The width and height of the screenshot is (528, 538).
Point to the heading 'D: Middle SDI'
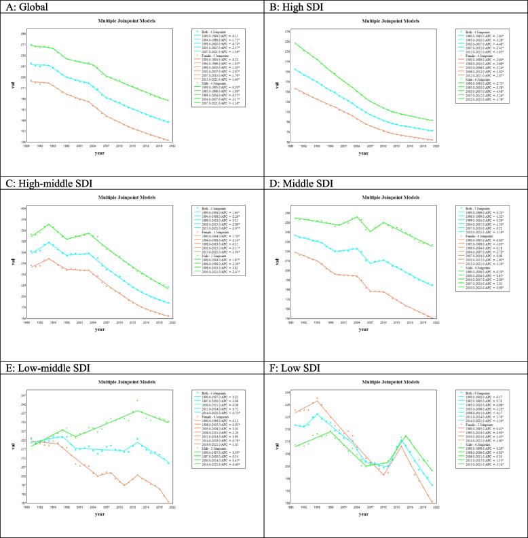pos(299,186)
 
